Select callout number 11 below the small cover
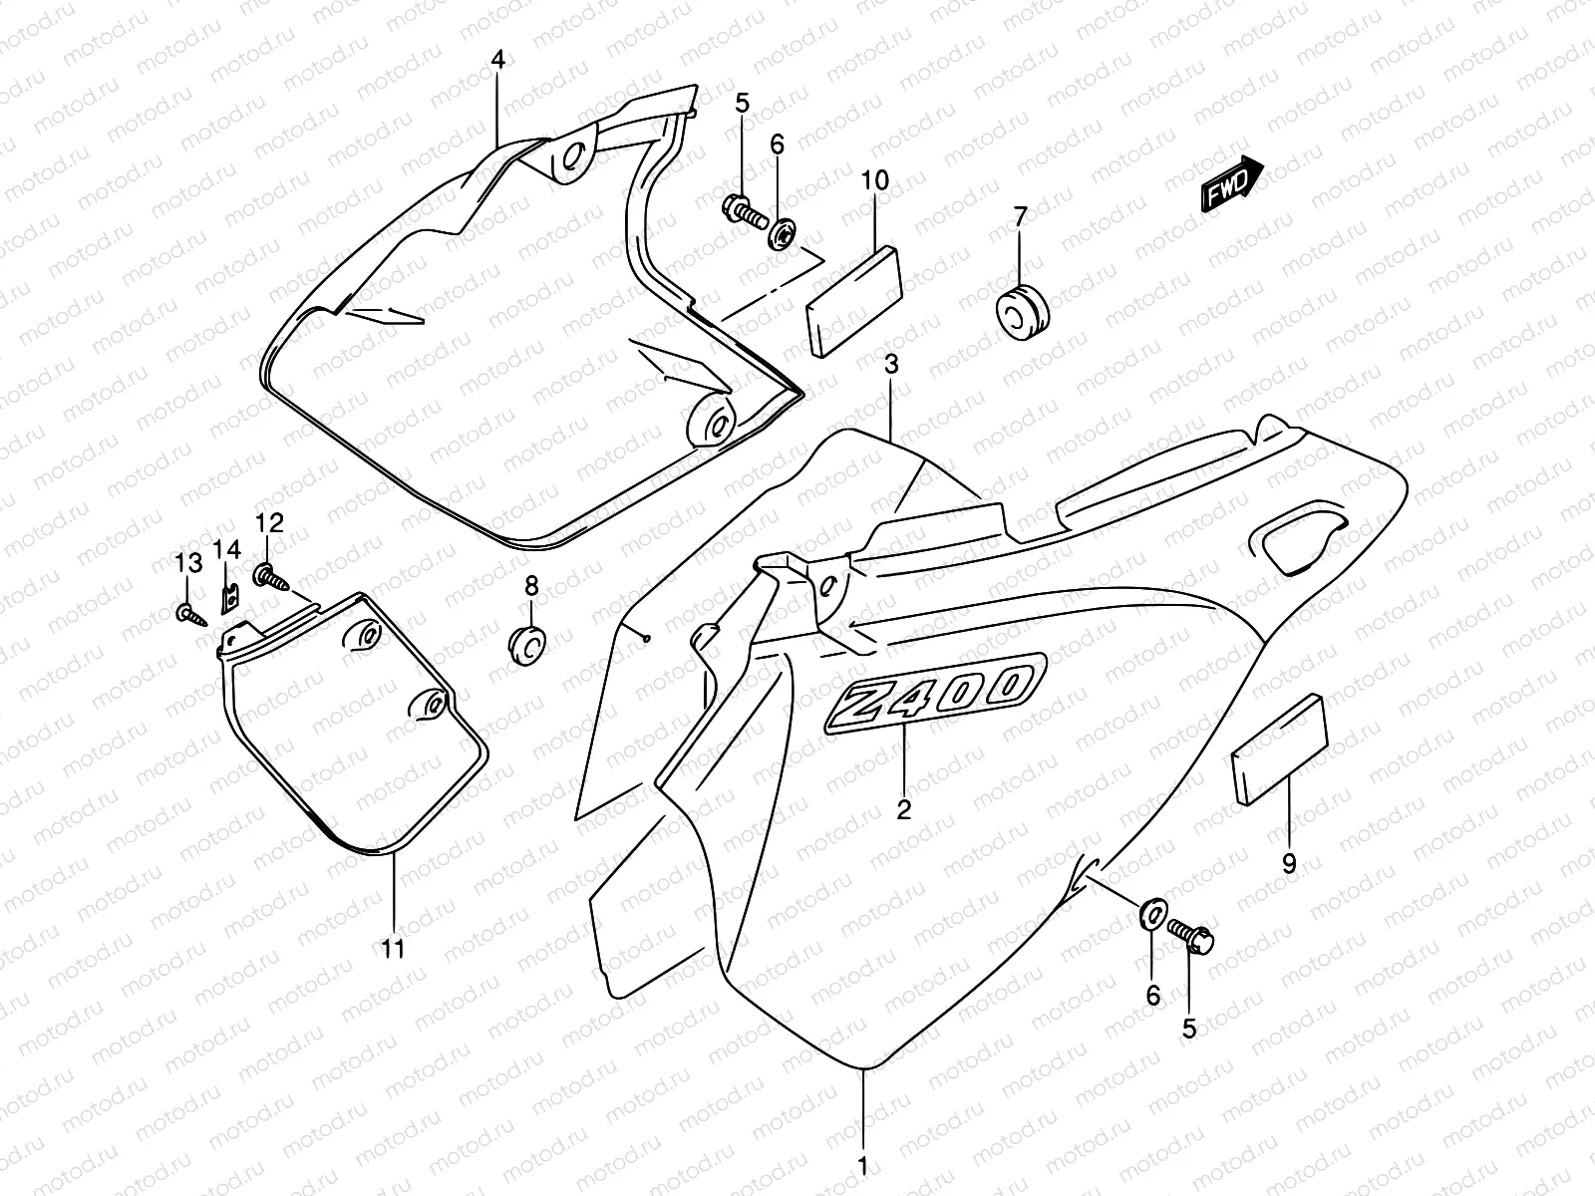[394, 949]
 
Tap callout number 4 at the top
[497, 60]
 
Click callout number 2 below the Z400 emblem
[903, 809]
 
